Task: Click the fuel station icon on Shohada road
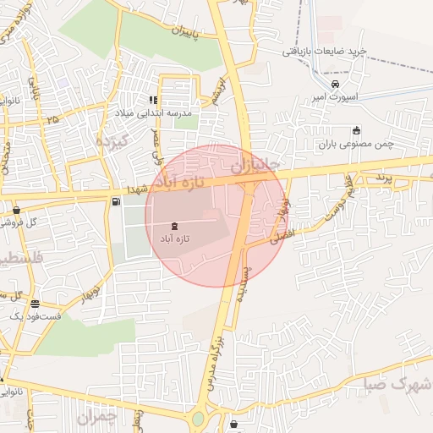coord(115,201)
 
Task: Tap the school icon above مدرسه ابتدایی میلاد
coord(153,100)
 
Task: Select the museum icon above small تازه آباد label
coord(174,226)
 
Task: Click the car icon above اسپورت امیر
coord(336,85)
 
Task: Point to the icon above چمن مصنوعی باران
coord(356,130)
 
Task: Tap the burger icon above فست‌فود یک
coord(35,304)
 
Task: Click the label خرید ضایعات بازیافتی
coord(324,52)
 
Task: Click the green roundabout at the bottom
coord(199,418)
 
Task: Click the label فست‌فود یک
coord(35,315)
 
